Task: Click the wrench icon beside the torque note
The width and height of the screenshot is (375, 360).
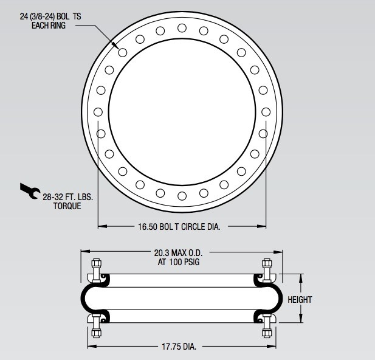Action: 29,190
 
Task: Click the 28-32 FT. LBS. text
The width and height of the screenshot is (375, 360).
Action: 68,197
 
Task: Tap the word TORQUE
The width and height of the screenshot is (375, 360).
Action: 67,206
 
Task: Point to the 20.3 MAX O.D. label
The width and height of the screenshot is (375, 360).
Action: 179,253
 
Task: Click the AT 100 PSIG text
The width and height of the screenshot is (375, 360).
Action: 179,262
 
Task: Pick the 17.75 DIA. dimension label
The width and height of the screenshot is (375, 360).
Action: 179,347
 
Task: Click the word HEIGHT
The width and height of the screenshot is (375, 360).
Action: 300,300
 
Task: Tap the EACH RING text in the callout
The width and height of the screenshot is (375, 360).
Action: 49,26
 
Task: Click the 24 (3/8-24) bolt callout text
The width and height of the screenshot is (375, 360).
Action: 50,16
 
